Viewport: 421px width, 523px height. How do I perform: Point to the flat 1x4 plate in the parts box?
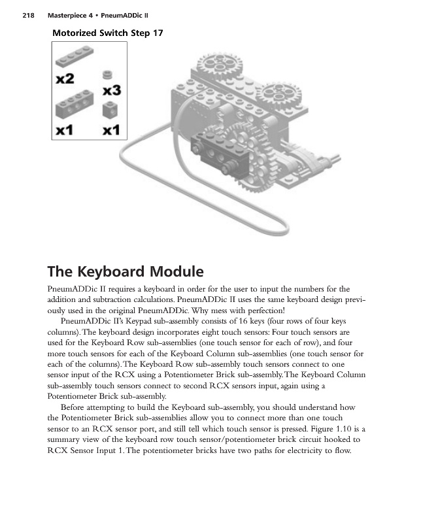[x=73, y=58]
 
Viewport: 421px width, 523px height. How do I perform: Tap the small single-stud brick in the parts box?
[x=110, y=107]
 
